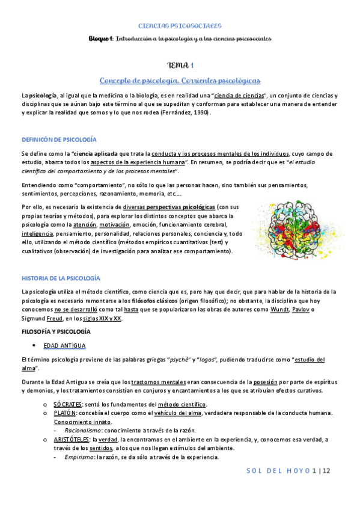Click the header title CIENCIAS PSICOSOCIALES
coord(180,26)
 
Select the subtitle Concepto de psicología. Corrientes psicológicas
coord(180,81)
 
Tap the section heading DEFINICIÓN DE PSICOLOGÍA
coord(59,140)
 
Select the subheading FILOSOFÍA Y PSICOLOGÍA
coord(56,332)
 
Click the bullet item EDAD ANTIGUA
coord(64,346)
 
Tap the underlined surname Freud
coord(55,319)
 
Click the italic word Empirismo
coord(78,458)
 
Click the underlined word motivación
coord(114,224)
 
